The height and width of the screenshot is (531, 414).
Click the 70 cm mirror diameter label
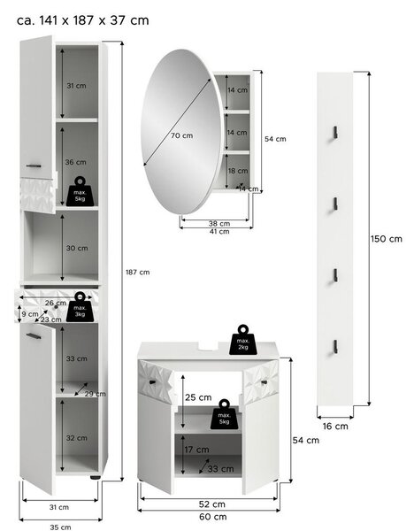[181, 135]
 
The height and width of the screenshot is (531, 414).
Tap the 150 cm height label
[387, 239]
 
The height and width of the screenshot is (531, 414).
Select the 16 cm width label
[335, 426]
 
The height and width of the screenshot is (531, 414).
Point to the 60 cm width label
[213, 517]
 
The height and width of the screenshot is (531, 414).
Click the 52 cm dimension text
[212, 504]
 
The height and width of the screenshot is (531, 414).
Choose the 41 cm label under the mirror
[219, 232]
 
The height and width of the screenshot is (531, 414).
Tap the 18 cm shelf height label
[238, 171]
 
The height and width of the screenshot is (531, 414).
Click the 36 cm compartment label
[75, 162]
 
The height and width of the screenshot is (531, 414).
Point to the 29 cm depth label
[96, 394]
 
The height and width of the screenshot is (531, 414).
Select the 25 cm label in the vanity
[198, 397]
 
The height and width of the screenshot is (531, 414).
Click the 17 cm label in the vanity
[196, 450]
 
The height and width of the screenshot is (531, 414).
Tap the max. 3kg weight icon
[80, 307]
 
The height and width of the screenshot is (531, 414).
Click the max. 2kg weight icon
[243, 340]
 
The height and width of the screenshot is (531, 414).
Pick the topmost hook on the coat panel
[335, 132]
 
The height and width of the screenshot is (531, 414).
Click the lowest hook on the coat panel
[335, 346]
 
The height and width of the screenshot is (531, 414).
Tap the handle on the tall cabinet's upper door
[34, 166]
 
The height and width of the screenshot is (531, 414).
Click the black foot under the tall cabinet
[96, 478]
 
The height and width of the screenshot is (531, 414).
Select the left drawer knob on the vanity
[152, 382]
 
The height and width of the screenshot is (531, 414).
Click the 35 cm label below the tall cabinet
[60, 527]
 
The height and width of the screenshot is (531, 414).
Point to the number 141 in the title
[49, 20]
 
